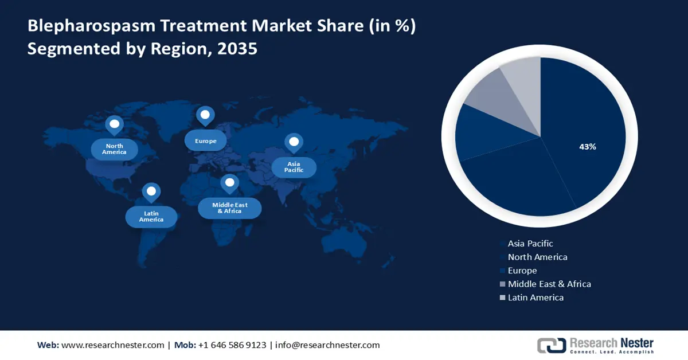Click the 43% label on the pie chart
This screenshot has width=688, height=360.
pyautogui.click(x=588, y=147)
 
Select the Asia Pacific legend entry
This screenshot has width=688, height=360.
pyautogui.click(x=530, y=244)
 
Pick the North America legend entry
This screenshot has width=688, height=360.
pyautogui.click(x=537, y=257)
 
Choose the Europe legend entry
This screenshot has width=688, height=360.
pyautogui.click(x=522, y=271)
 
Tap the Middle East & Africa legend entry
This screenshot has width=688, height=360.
pyautogui.click(x=549, y=284)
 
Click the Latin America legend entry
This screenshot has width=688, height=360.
pyautogui.click(x=535, y=298)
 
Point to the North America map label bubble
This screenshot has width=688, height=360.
pyautogui.click(x=115, y=149)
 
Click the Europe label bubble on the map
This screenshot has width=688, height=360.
pyautogui.click(x=205, y=140)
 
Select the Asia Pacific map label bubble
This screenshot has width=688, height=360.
pyautogui.click(x=294, y=167)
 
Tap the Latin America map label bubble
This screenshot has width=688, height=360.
pyautogui.click(x=151, y=217)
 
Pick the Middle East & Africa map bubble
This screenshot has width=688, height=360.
pyautogui.click(x=229, y=208)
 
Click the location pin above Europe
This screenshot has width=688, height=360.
pyautogui.click(x=205, y=115)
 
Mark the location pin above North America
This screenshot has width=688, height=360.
pyautogui.click(x=114, y=124)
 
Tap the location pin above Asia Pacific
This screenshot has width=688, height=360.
pyautogui.click(x=294, y=142)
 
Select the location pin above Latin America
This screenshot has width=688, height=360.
pyautogui.click(x=151, y=191)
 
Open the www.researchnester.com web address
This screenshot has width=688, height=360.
pyautogui.click(x=112, y=345)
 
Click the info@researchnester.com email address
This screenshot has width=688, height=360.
pyautogui.click(x=327, y=345)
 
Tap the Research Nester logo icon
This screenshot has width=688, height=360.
pyautogui.click(x=551, y=345)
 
